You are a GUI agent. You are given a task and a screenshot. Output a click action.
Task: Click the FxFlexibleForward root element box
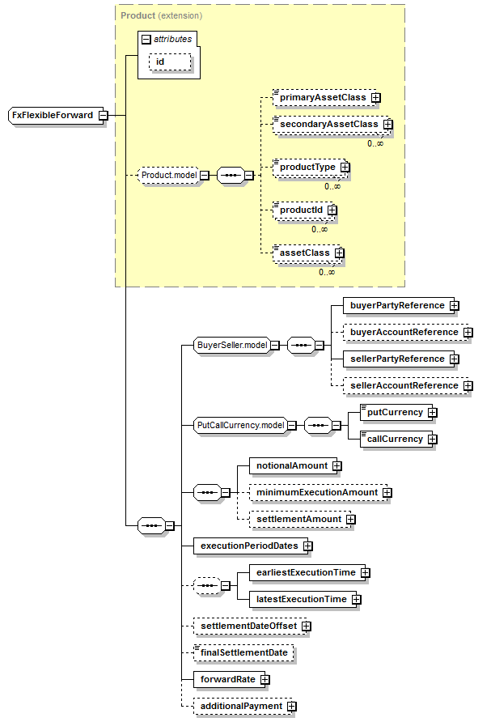(55, 115)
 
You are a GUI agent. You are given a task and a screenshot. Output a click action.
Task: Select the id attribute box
(170, 62)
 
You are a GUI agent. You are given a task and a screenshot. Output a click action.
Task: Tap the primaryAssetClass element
(324, 98)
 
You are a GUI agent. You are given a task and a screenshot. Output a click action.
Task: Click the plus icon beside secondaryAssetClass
(388, 125)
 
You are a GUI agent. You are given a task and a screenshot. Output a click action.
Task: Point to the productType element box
(308, 168)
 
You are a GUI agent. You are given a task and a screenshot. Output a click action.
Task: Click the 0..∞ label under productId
(320, 229)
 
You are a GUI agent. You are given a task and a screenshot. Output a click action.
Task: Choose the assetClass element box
(306, 253)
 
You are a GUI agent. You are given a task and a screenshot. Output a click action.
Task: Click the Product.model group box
(169, 175)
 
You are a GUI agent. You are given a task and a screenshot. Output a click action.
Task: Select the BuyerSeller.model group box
(232, 345)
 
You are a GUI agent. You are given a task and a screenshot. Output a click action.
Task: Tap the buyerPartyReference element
(398, 305)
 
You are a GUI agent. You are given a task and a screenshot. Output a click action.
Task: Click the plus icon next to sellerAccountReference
(468, 385)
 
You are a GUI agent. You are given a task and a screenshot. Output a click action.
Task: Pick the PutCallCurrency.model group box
(241, 425)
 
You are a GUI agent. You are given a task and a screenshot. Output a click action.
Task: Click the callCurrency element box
(396, 439)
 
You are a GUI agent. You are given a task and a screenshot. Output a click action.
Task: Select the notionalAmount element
(293, 465)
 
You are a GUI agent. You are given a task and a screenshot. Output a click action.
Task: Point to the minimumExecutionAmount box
(318, 492)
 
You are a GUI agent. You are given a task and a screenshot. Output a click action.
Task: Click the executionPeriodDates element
(250, 546)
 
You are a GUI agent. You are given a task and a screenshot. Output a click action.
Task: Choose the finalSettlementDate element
(244, 652)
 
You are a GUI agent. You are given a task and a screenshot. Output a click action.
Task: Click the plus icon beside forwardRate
(265, 679)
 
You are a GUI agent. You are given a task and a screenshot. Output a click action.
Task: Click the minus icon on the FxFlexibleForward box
(103, 115)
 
